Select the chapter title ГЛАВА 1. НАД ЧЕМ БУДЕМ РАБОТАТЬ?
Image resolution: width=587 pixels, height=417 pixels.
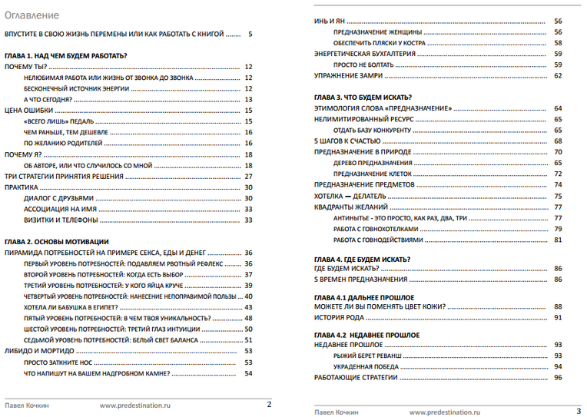65,56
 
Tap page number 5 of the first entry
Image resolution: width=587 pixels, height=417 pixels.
250,35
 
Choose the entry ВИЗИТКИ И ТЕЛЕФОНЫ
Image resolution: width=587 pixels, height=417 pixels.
61,220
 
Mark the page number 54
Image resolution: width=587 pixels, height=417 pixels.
248,373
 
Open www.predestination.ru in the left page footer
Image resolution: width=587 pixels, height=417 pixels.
134,404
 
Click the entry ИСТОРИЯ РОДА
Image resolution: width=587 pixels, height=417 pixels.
339,317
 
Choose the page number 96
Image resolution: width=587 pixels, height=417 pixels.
559,377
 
